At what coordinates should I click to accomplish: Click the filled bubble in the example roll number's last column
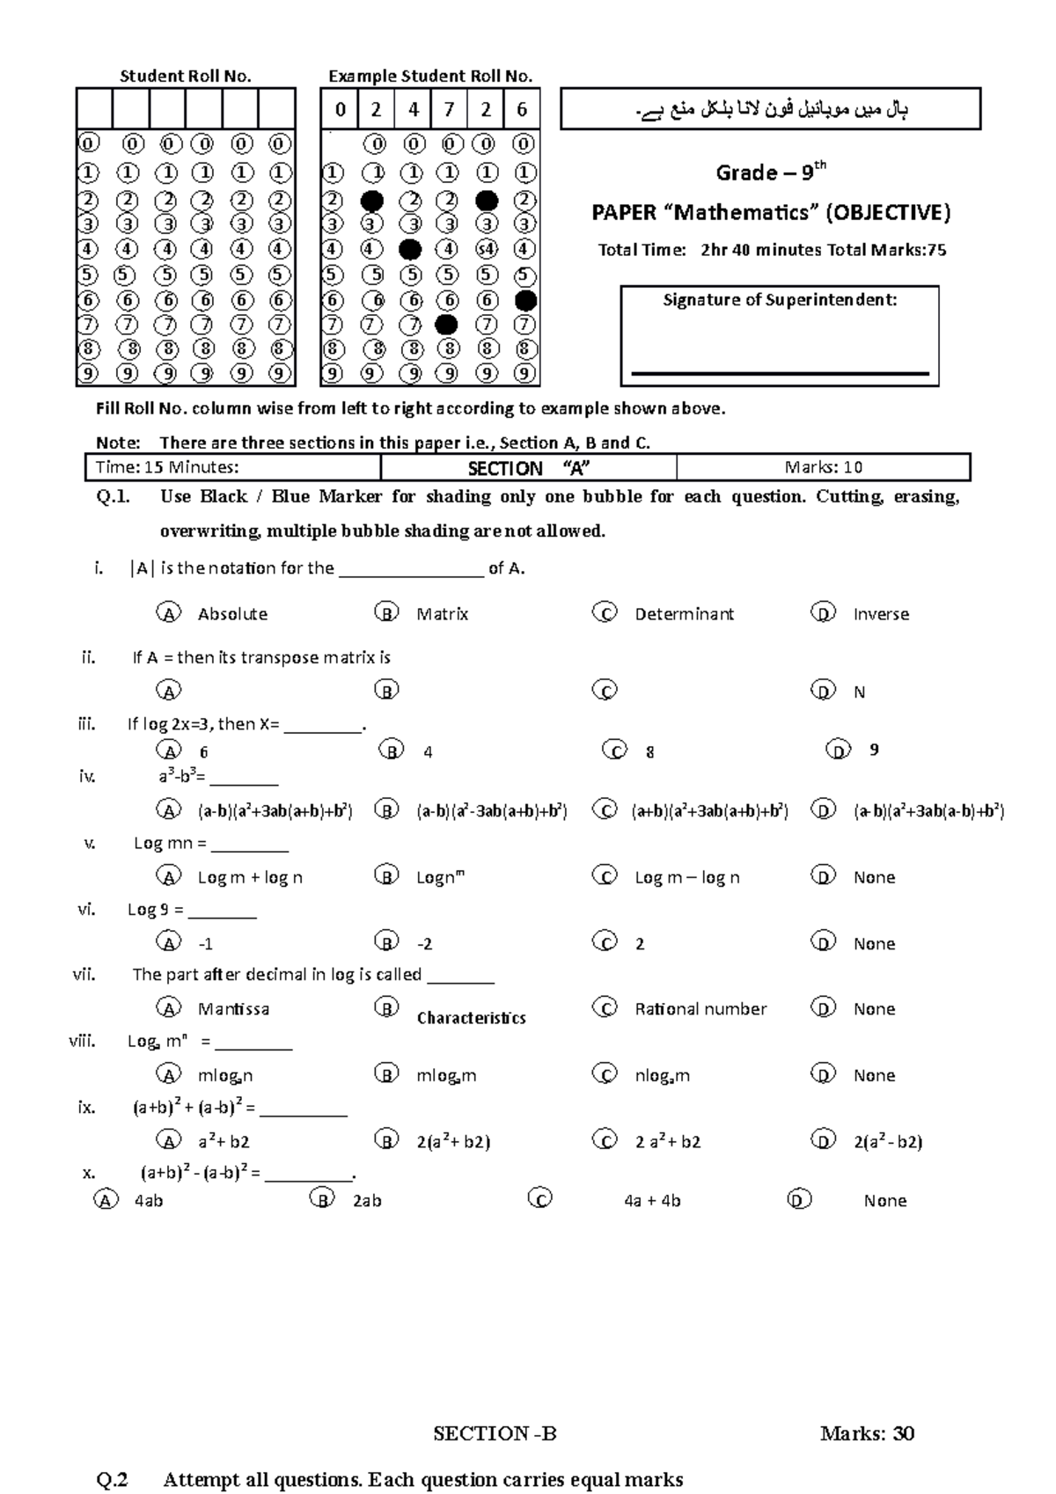coord(525,301)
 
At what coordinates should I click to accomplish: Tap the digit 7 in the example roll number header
coord(449,110)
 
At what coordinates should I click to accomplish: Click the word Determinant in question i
coord(684,614)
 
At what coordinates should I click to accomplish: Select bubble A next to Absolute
coord(167,613)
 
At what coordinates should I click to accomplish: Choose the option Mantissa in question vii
coord(233,1009)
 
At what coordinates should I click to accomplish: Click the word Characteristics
coord(471,1018)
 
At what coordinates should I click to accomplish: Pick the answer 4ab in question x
coord(148,1201)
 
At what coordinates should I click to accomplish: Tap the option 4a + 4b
coord(652,1201)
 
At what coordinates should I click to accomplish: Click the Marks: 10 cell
coord(823,467)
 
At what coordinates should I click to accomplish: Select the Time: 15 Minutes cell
coord(167,467)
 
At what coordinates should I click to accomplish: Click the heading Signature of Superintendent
coord(780,300)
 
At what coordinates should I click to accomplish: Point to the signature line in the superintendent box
coord(780,374)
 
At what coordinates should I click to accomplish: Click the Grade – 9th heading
coord(771,172)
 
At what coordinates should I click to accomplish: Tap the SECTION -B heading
coord(495,1434)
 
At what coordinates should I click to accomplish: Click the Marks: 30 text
coord(867,1434)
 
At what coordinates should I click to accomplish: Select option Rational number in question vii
coord(700,1009)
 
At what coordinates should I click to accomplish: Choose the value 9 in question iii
coord(874,751)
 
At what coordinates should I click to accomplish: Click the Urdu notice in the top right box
coord(771,110)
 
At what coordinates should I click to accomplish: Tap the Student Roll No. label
coord(186,77)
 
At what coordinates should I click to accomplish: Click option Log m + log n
coord(250,877)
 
